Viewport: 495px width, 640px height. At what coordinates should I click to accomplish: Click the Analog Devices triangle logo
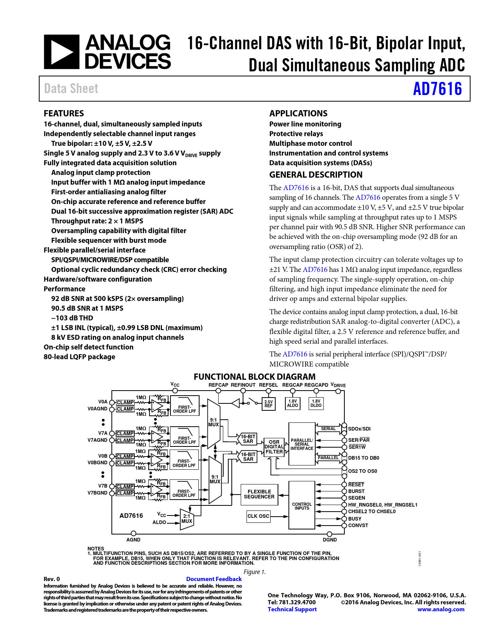click(x=62, y=52)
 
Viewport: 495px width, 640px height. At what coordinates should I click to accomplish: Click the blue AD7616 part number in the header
click(x=437, y=89)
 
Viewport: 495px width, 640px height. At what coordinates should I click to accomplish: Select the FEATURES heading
click(x=64, y=113)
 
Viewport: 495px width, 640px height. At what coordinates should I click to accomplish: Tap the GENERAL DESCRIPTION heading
click(x=316, y=175)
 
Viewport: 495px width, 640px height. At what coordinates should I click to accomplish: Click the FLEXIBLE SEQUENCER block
click(x=259, y=494)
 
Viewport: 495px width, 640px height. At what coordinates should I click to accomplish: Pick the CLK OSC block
click(x=259, y=516)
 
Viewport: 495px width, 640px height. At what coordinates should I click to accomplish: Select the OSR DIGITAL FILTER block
click(x=274, y=447)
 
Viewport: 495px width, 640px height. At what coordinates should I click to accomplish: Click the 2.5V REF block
click(x=268, y=404)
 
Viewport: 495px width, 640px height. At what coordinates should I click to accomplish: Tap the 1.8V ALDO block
click(x=292, y=403)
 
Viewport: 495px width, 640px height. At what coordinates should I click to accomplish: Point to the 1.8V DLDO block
click(x=316, y=403)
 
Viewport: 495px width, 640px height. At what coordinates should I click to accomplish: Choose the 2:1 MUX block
click(x=187, y=519)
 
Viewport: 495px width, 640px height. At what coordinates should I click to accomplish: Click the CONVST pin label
click(x=358, y=526)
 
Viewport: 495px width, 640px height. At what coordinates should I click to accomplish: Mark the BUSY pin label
click(x=354, y=519)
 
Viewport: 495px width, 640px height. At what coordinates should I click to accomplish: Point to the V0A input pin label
click(x=102, y=402)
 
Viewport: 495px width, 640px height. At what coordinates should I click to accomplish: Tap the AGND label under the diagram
click(x=133, y=540)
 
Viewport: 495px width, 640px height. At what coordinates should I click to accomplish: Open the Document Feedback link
click(x=214, y=579)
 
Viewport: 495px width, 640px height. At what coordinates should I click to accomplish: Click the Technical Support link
click(x=292, y=609)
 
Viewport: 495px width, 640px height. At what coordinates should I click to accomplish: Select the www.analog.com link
click(x=441, y=609)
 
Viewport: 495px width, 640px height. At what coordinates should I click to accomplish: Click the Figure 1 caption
click(x=255, y=572)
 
